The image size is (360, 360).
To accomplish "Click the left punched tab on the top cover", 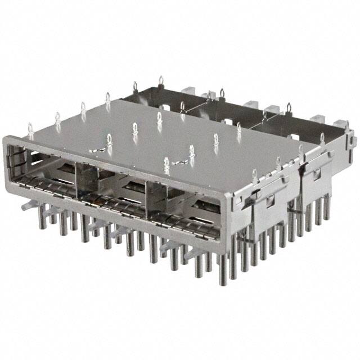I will [x=98, y=149].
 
